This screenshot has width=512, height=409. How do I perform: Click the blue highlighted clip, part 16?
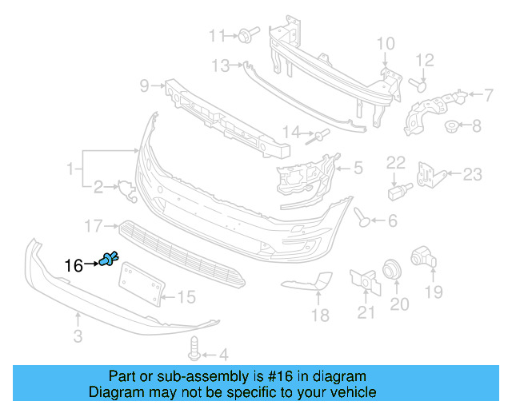tap(110, 258)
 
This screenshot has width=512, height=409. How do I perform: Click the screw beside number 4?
tap(194, 348)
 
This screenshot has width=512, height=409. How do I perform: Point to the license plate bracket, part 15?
tap(141, 284)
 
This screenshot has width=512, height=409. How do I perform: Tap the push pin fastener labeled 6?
tap(362, 216)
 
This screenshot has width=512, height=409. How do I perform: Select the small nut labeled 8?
tap(451, 125)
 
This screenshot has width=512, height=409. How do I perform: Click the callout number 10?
tap(385, 43)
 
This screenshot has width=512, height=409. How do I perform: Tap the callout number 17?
tap(94, 226)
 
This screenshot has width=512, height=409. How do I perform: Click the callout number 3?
tap(78, 337)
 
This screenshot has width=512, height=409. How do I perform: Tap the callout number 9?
tap(145, 85)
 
